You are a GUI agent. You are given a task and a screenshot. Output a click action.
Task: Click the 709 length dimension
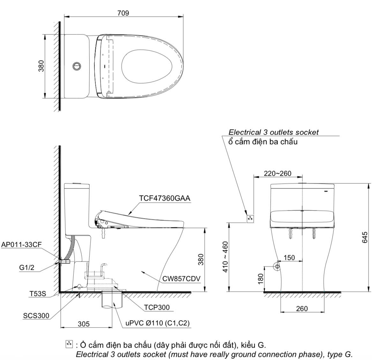coord(123,13)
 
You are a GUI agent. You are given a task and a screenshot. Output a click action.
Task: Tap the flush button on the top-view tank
coord(77,66)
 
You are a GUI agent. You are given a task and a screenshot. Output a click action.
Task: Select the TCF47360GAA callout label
coord(165,198)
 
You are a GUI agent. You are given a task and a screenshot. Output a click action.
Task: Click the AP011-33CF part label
coord(21,245)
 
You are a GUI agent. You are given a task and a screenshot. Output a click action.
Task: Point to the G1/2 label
coord(26,268)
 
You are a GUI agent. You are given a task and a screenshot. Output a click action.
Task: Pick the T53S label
coord(38,294)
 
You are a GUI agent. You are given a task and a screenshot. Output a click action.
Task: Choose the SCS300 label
coord(36,316)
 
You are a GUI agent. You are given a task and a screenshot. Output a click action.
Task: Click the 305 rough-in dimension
coord(84,324)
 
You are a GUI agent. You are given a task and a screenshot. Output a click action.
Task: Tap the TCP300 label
coord(157,307)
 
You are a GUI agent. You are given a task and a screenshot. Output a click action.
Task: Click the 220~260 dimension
coord(278,173)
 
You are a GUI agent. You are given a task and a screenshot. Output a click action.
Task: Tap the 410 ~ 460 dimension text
coord(225,257)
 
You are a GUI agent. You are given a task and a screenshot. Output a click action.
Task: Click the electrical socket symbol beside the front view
coord(250,218)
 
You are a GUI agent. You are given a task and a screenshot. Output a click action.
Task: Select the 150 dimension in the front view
coord(289,257)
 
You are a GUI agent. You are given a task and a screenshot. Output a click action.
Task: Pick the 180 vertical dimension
coord(261,279)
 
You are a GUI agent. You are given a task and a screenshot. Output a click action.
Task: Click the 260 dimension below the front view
coord(301,308)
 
